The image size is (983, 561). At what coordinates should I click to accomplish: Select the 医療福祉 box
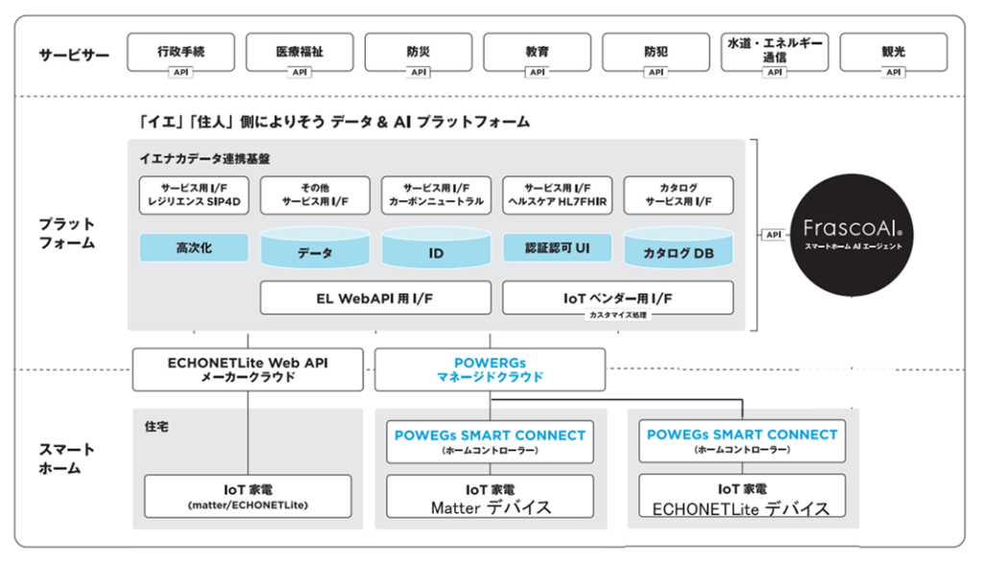pyautogui.click(x=300, y=52)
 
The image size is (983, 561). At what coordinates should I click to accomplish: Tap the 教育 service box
pyautogui.click(x=537, y=52)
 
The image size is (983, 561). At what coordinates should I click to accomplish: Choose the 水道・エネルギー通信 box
pyautogui.click(x=774, y=51)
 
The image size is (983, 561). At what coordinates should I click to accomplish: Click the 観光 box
pyautogui.click(x=893, y=52)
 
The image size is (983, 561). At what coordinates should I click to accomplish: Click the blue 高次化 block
pyautogui.click(x=193, y=248)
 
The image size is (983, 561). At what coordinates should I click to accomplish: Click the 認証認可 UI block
pyautogui.click(x=557, y=248)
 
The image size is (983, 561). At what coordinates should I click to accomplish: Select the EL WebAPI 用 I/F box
pyautogui.click(x=375, y=297)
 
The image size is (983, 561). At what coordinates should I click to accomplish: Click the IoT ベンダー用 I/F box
pyautogui.click(x=617, y=297)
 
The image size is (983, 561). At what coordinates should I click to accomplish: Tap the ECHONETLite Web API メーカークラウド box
pyautogui.click(x=249, y=369)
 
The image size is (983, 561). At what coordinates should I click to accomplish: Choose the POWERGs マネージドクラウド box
pyautogui.click(x=490, y=369)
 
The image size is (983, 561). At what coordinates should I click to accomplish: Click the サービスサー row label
pyautogui.click(x=74, y=55)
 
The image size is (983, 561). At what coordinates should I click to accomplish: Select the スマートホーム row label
pyautogui.click(x=66, y=458)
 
